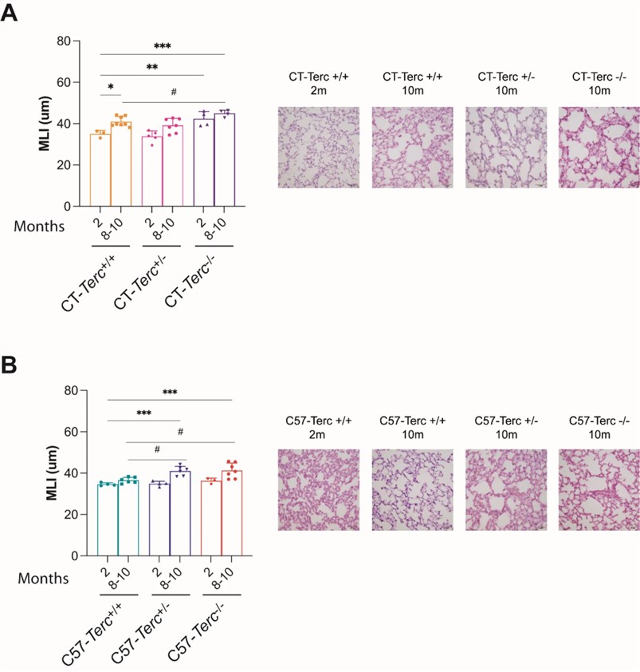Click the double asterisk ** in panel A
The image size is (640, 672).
tap(151, 67)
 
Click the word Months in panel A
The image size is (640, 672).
tap(41, 226)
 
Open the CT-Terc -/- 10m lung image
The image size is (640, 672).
tap(598, 148)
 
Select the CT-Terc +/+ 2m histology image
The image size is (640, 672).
tap(318, 148)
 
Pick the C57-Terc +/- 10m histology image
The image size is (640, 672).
tap(505, 491)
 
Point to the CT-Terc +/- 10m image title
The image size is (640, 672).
tap(505, 84)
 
